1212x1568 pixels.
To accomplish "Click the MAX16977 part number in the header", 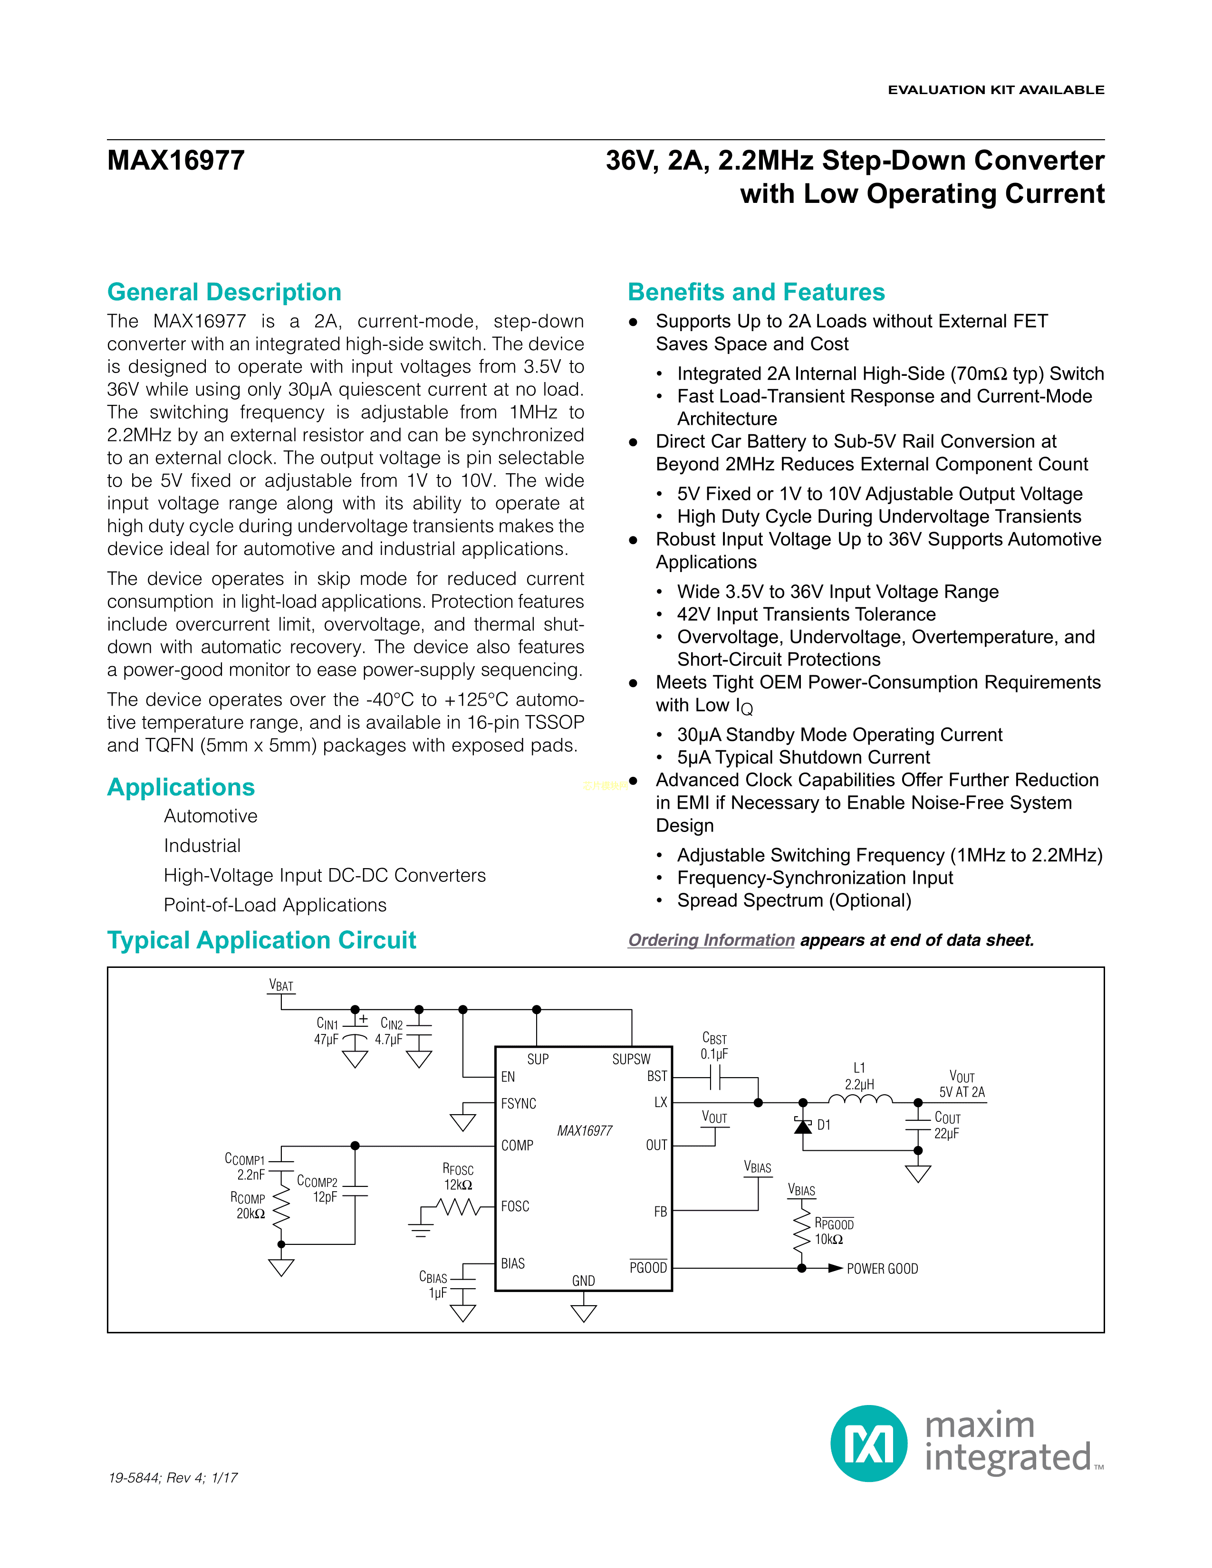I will pyautogui.click(x=176, y=160).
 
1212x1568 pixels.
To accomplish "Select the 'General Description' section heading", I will pyautogui.click(x=224, y=292).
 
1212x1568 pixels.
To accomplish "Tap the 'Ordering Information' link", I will pyautogui.click(x=711, y=940).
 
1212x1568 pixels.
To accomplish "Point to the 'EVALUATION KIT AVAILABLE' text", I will pyautogui.click(x=996, y=90).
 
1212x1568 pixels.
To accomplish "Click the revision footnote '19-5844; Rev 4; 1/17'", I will pyautogui.click(x=173, y=1478).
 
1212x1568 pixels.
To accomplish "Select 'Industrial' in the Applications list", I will pyautogui.click(x=202, y=846).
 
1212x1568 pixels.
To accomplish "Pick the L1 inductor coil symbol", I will pyautogui.click(x=860, y=1099).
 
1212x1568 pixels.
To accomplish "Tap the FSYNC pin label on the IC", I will pyautogui.click(x=519, y=1103).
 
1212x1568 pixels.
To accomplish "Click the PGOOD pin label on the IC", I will pyautogui.click(x=648, y=1268).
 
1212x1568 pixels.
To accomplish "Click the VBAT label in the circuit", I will pyautogui.click(x=281, y=986).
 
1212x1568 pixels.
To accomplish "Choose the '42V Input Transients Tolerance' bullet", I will pyautogui.click(x=806, y=614).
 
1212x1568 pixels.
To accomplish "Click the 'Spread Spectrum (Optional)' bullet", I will pyautogui.click(x=793, y=900).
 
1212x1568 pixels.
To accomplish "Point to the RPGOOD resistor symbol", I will pyautogui.click(x=801, y=1234).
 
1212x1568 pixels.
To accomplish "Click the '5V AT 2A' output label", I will pyautogui.click(x=962, y=1092).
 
